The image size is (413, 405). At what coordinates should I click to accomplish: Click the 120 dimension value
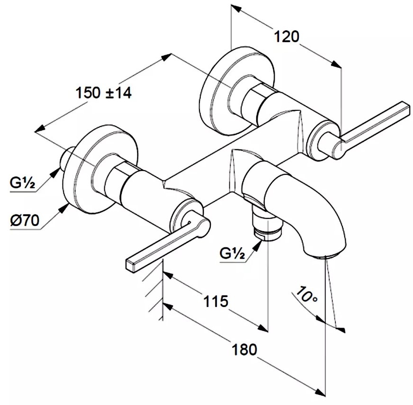click(287, 36)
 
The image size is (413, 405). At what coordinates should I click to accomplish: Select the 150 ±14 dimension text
click(104, 93)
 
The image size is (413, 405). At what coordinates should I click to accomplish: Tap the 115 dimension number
click(215, 301)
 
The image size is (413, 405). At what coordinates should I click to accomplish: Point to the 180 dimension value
click(244, 350)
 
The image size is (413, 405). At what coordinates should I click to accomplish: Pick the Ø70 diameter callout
click(25, 220)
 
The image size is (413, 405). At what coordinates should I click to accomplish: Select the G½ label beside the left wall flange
click(22, 182)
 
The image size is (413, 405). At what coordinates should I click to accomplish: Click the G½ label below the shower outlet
click(232, 253)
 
